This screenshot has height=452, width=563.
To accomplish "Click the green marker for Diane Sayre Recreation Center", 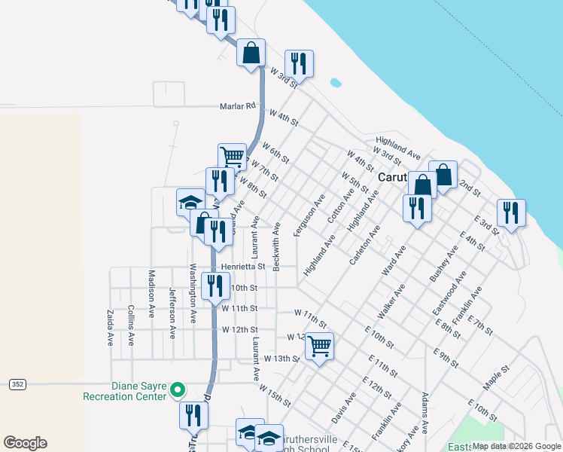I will [178, 389].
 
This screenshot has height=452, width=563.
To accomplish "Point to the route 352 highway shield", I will [17, 384].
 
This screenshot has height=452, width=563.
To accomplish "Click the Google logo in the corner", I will [25, 442].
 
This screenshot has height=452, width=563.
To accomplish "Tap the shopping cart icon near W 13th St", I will [320, 346].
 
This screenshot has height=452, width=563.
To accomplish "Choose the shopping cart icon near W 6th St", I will [233, 157].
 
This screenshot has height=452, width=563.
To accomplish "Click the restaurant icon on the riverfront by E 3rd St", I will [511, 212].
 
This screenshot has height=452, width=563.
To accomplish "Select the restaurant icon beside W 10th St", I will [216, 285].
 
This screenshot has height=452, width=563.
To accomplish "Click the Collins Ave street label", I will [131, 325].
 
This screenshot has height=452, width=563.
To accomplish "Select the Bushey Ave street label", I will [443, 263].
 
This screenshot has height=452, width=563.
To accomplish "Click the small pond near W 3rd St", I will [335, 83].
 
